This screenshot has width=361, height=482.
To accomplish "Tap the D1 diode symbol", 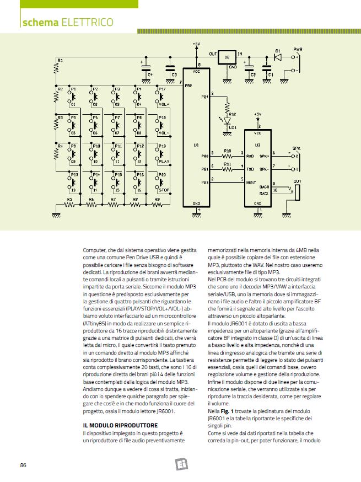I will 278,56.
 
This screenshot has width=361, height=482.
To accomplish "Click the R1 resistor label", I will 60,60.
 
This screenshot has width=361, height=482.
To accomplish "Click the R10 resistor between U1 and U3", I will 227,155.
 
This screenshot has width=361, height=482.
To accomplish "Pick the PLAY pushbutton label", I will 164,162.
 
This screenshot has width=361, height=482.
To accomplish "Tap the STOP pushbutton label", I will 164,190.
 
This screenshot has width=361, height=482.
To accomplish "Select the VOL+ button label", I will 164,104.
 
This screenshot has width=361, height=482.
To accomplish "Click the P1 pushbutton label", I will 73,88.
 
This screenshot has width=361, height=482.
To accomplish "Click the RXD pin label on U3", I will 250,155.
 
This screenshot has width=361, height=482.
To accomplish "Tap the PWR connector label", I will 298,49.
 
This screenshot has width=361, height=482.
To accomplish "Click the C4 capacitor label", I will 150,74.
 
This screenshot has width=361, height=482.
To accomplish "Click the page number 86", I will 23,465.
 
